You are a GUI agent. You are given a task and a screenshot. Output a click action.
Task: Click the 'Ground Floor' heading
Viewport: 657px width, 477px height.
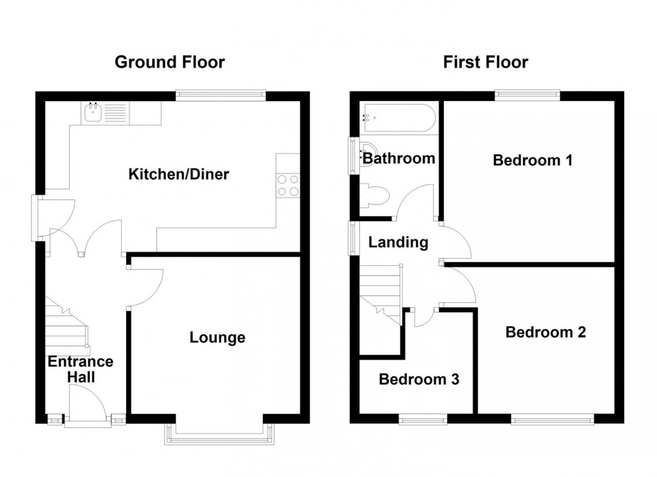click(x=170, y=62)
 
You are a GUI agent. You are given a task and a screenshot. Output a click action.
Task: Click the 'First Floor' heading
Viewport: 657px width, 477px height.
click(x=485, y=62)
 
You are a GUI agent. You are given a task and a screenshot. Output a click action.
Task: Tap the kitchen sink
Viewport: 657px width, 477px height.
click(x=93, y=113)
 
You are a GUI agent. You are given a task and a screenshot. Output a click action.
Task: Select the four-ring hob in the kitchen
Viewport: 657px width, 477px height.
click(x=288, y=185)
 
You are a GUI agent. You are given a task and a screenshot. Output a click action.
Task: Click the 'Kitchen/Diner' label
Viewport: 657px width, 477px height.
click(x=179, y=175)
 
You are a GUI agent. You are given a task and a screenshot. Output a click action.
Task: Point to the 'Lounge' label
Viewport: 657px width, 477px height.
click(x=217, y=338)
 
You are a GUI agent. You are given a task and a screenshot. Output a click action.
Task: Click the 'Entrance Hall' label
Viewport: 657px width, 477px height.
click(x=80, y=369)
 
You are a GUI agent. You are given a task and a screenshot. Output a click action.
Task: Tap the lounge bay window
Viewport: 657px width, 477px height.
click(x=221, y=434)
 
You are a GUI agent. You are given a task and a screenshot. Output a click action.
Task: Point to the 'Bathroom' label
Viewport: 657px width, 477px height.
click(x=398, y=159)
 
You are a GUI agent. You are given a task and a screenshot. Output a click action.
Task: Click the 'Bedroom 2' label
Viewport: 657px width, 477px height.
click(x=546, y=332)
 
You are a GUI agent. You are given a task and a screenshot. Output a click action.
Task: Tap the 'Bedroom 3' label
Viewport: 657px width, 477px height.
click(x=418, y=379)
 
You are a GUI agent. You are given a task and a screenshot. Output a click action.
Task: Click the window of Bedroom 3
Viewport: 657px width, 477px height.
click(x=422, y=419)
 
